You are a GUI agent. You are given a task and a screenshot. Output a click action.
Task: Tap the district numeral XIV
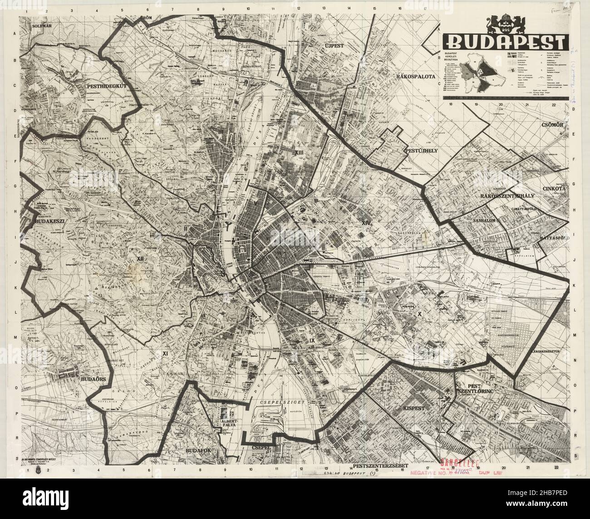pos(367,222)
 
